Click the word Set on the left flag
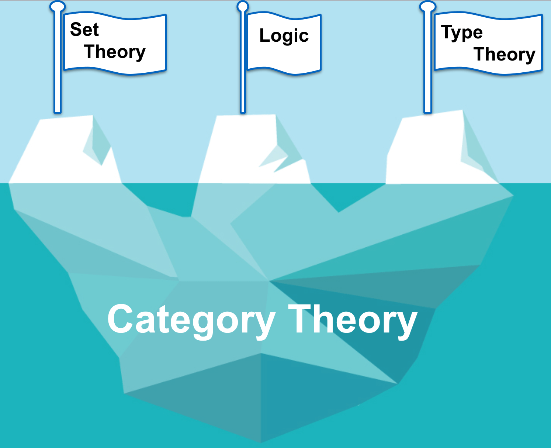coord(84,30)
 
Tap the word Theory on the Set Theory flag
coord(115,52)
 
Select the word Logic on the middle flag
coord(284,36)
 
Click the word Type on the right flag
coord(462,33)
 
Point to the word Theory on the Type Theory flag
coord(504,55)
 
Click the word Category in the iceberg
coord(191,320)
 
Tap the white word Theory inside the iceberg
coord(353,320)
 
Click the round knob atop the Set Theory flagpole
coord(57,6)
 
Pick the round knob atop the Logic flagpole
coord(243,6)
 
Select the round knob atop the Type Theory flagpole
coord(427,6)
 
